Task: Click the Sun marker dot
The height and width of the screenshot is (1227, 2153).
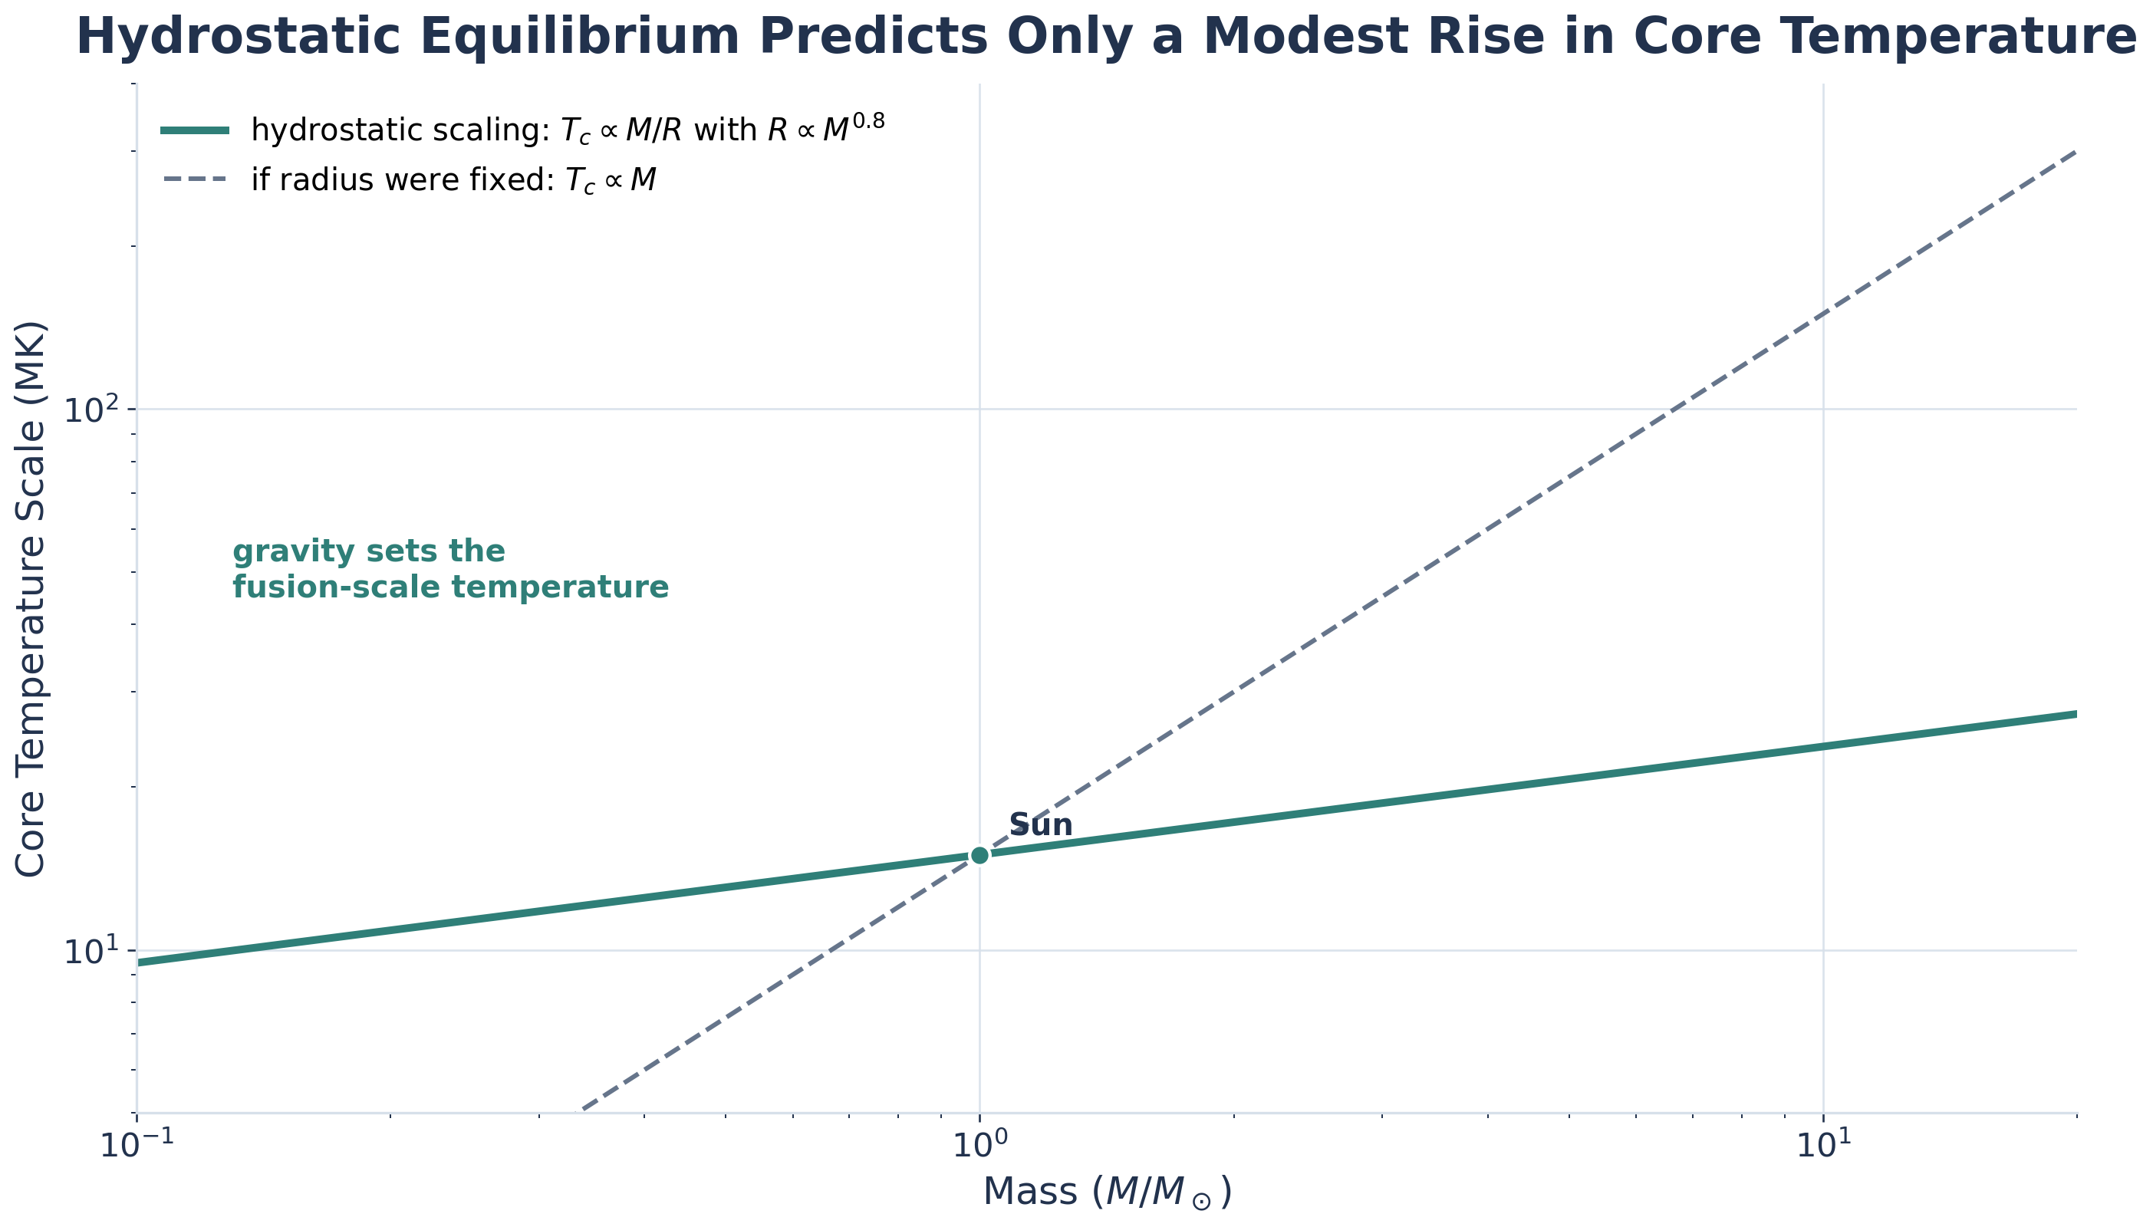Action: pos(979,855)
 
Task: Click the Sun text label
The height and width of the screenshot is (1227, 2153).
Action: pos(1040,825)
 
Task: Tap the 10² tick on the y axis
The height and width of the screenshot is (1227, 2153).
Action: pos(88,410)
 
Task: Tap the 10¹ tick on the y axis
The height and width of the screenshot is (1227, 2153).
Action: pos(88,951)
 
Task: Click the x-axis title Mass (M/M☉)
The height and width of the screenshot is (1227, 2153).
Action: pos(1107,1192)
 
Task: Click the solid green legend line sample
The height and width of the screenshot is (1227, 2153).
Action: pos(195,130)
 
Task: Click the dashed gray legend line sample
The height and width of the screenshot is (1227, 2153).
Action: pos(195,179)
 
